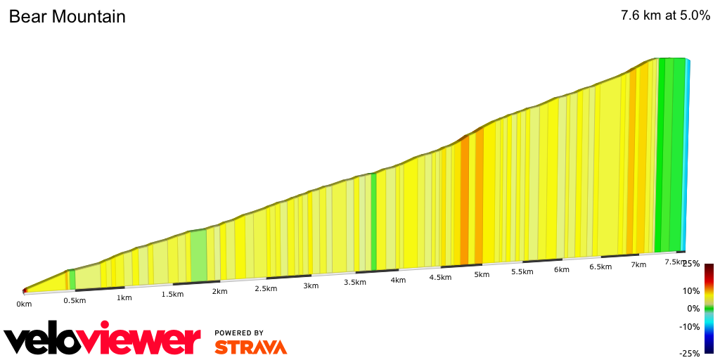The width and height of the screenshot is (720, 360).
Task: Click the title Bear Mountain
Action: pos(67,17)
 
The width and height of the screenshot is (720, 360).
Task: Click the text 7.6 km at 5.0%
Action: pos(665,16)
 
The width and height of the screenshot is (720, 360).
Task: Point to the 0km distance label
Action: pos(25,304)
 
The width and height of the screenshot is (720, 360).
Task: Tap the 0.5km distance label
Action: pos(75,301)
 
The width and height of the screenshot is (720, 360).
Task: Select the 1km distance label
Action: pos(124,297)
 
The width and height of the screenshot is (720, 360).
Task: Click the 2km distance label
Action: pos(219,291)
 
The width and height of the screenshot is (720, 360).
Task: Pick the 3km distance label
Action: pos(311,285)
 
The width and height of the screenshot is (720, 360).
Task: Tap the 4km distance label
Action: pos(398,280)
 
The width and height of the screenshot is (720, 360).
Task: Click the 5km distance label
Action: pos(482,274)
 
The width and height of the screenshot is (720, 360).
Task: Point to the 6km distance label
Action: pos(561,269)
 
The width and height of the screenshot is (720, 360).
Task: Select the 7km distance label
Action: pos(638,264)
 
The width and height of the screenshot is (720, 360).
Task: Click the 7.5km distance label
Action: pos(675,262)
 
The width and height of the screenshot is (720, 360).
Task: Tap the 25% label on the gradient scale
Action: pos(690,264)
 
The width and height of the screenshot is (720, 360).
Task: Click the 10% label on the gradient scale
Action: pos(692,291)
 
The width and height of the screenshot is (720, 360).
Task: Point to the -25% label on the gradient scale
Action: pos(690,354)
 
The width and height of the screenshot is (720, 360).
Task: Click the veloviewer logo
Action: pos(103,340)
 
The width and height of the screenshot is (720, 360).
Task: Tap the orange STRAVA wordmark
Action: pos(250,347)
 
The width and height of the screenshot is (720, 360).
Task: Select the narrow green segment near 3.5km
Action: pos(373,221)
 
